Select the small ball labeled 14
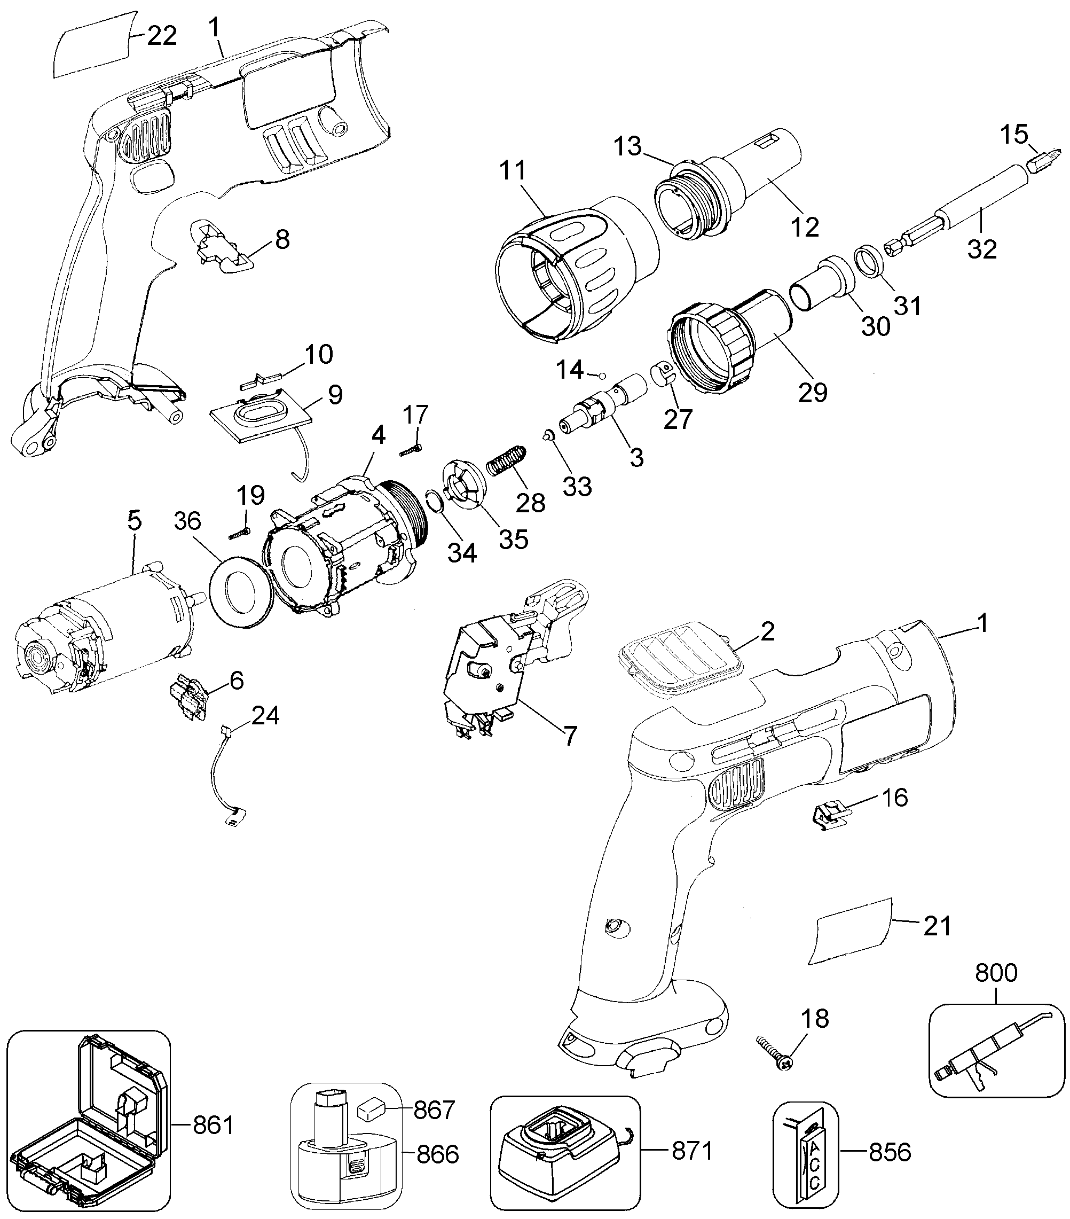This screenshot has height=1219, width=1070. (x=603, y=376)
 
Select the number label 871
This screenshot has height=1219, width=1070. (x=692, y=1149)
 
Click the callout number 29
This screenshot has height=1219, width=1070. (x=813, y=393)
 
